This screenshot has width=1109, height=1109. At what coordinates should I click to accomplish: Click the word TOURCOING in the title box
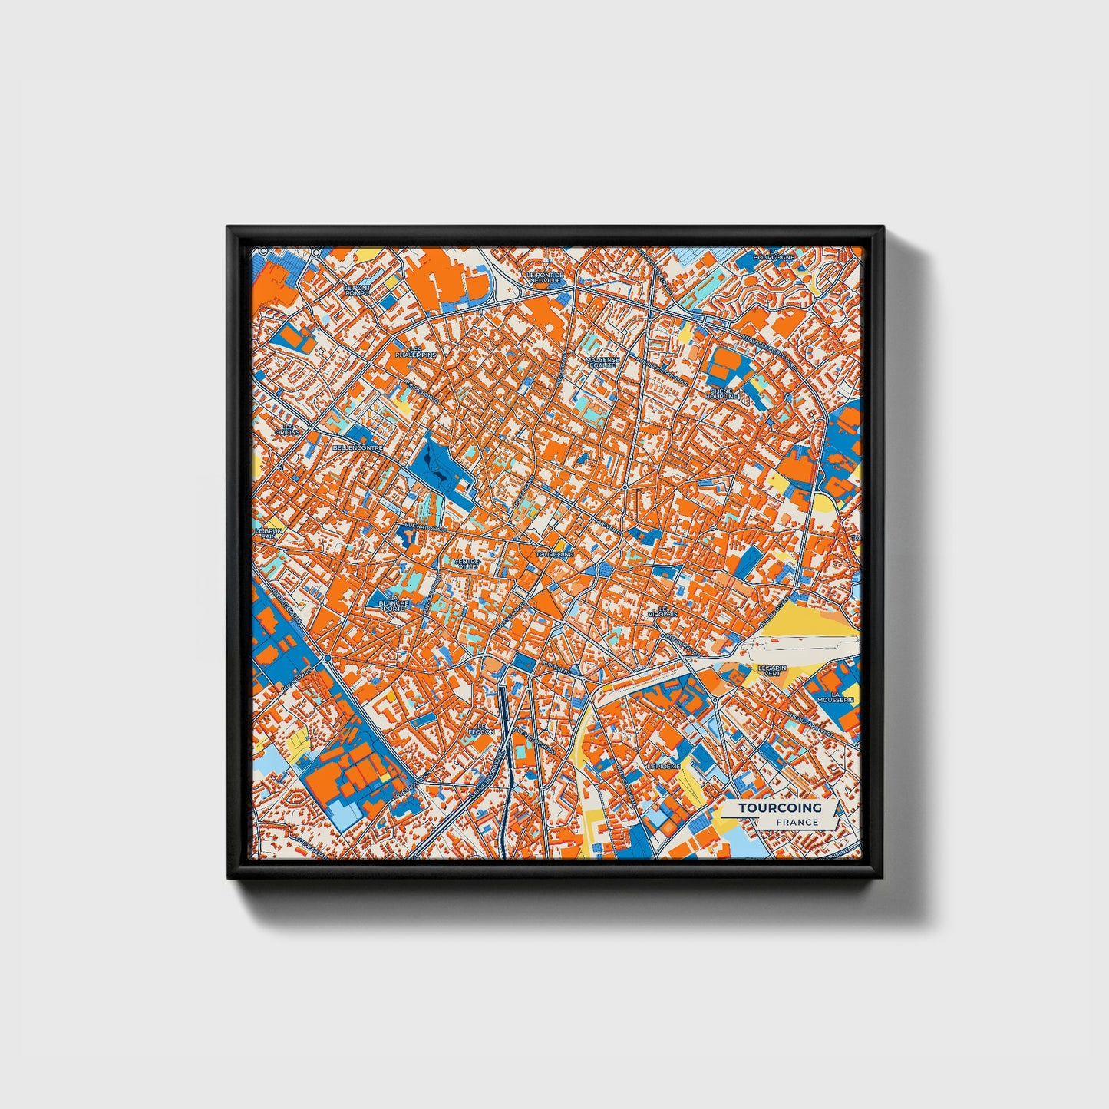coord(780,807)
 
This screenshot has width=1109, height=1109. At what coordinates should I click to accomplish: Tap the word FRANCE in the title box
coord(797,822)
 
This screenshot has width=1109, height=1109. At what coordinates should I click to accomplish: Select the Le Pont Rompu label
coord(357,290)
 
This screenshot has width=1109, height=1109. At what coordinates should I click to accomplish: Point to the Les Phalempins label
coord(415,352)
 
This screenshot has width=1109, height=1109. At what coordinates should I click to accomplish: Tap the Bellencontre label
coord(358,447)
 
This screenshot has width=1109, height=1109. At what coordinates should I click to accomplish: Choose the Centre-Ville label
coord(467,564)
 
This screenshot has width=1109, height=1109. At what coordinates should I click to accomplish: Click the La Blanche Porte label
coord(394,602)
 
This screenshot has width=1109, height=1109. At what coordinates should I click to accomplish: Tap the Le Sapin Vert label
coord(772,672)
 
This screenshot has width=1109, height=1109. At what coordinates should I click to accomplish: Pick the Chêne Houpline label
coord(723,394)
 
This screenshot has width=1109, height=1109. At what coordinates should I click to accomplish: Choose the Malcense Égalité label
coord(601,361)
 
